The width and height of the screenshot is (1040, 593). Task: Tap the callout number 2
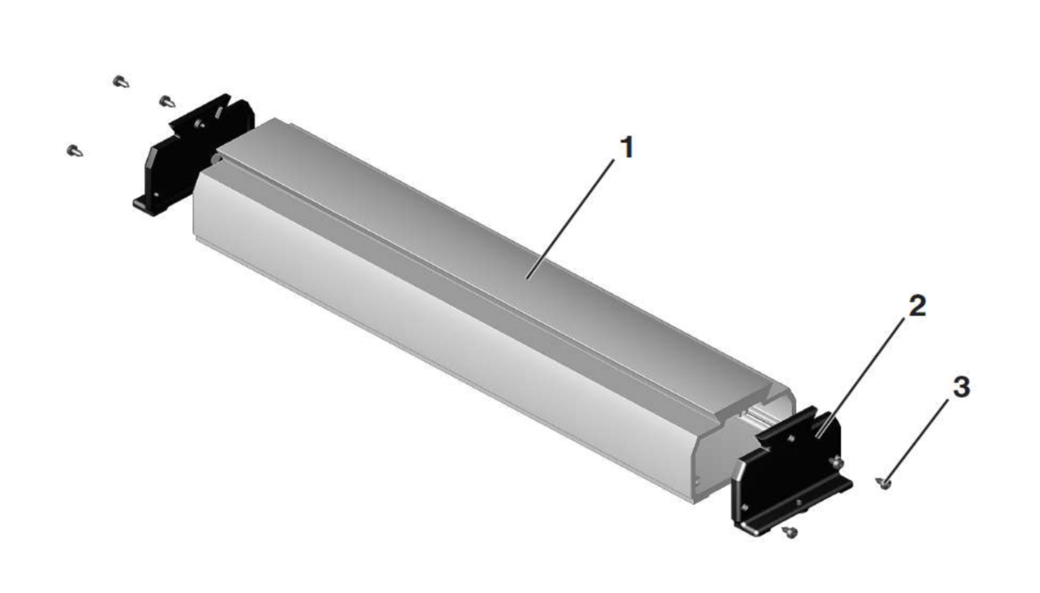tap(917, 306)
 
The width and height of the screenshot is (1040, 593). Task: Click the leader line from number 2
tap(860, 377)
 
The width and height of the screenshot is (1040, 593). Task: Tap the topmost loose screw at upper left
tap(121, 82)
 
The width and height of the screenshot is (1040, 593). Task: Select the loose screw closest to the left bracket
tap(167, 102)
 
